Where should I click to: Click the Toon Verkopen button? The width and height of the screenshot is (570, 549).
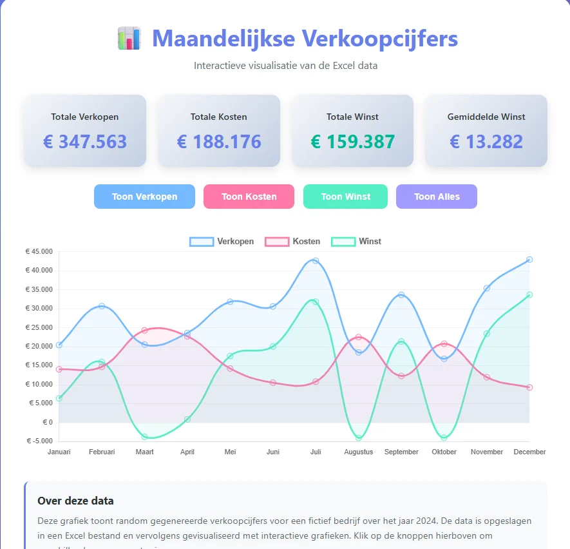(144, 197)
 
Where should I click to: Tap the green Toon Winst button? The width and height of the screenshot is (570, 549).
(345, 197)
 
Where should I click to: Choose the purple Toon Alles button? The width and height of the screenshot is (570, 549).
(437, 197)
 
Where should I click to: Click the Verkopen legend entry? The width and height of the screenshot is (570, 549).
(222, 242)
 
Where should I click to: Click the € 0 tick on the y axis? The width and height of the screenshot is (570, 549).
(48, 423)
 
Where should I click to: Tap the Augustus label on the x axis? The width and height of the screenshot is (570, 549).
(358, 452)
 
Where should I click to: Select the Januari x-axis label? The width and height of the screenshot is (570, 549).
(59, 452)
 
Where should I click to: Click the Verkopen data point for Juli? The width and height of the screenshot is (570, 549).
(316, 261)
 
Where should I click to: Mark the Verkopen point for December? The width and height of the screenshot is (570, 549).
(529, 260)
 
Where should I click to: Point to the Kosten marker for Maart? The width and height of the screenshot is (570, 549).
(145, 331)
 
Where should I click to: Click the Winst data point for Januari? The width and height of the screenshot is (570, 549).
(59, 398)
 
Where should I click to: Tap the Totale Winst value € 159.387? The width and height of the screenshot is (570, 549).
(352, 142)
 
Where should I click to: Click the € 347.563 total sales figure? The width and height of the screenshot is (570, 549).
(85, 142)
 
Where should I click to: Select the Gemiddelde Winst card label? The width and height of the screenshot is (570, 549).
(486, 117)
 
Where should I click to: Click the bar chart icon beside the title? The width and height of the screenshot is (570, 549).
(129, 39)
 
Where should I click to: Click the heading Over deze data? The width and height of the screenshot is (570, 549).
(75, 501)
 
